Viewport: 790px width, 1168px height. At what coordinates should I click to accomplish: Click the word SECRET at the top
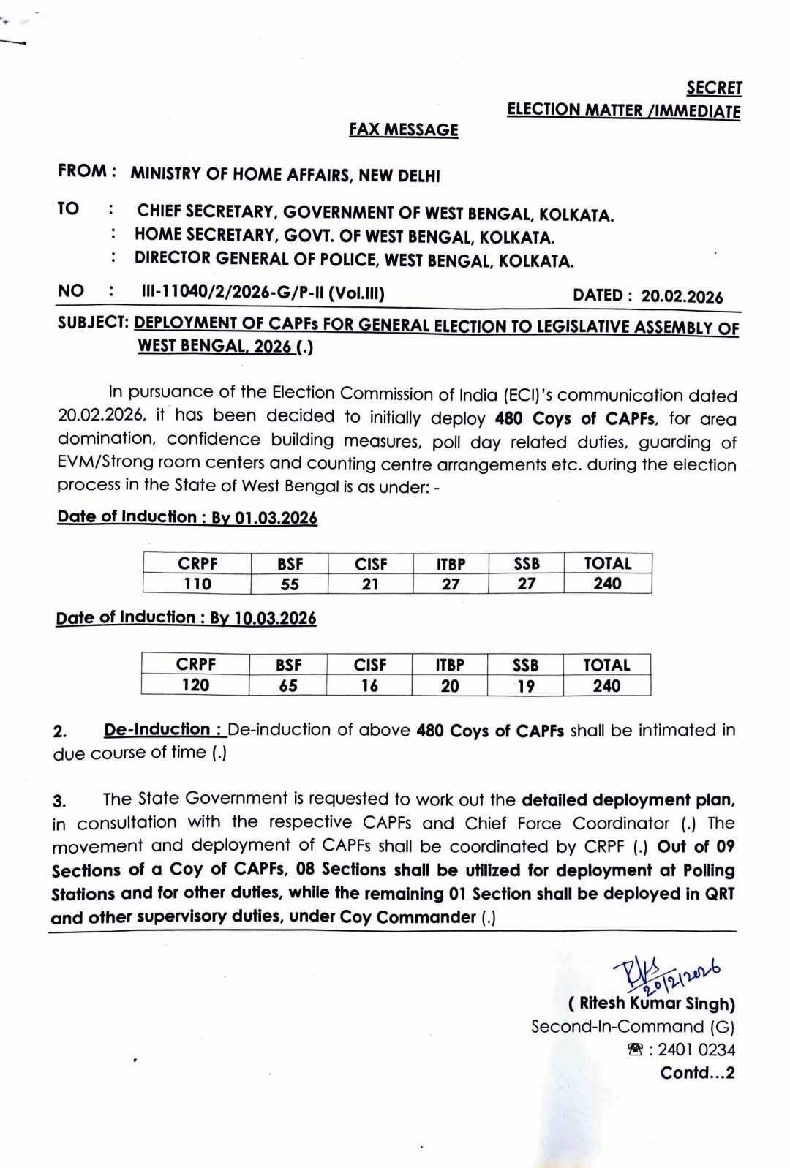[714, 88]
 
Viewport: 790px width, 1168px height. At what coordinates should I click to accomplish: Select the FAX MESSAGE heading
[404, 129]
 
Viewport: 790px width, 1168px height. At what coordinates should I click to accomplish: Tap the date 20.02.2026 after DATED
[682, 296]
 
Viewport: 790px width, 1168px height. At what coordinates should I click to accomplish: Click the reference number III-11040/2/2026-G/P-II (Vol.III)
[263, 293]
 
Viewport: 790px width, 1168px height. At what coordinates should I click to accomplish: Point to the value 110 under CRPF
[197, 584]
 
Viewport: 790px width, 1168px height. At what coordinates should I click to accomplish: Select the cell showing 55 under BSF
[290, 584]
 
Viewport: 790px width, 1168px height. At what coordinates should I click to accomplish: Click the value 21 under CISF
[371, 584]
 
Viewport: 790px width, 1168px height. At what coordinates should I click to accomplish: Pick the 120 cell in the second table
[195, 685]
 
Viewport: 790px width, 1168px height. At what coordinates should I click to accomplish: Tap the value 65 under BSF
[288, 685]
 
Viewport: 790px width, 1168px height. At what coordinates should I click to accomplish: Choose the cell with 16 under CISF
[370, 685]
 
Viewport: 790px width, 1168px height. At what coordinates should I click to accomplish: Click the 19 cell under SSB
[525, 686]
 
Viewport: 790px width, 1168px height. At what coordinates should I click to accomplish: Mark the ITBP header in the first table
[451, 564]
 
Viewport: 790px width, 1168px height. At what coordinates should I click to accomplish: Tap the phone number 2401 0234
[696, 1050]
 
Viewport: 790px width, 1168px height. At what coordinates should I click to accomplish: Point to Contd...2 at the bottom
[697, 1073]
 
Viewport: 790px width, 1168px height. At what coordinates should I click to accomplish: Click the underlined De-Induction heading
[162, 729]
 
